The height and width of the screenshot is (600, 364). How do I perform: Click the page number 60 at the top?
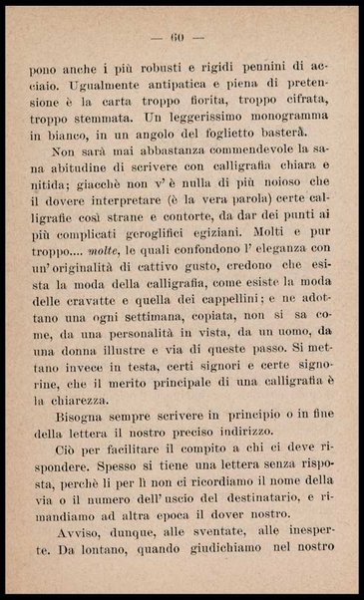181,38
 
